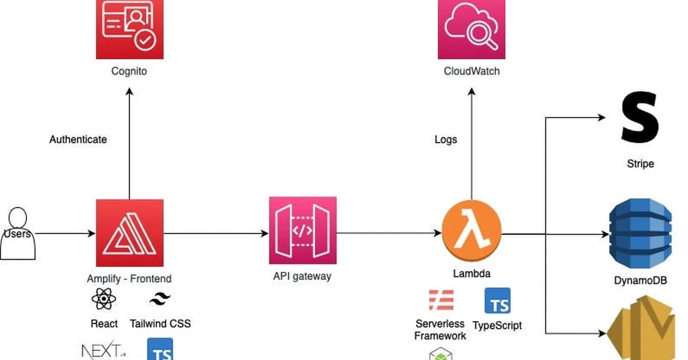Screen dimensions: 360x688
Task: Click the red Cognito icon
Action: tap(130, 29)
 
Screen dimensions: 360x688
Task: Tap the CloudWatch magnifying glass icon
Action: tap(471, 29)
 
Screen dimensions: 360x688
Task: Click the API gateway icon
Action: tap(303, 230)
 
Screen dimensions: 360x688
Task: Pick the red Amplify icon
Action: tap(130, 233)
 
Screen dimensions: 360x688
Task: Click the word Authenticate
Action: tap(78, 139)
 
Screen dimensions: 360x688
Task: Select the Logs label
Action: tap(445, 139)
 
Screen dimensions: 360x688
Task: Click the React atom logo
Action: tap(104, 300)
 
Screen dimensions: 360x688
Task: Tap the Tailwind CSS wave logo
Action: tap(160, 299)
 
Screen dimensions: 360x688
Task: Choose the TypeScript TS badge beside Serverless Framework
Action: tap(497, 301)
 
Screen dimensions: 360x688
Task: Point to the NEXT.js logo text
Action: tap(102, 350)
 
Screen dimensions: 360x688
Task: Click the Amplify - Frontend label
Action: tap(129, 279)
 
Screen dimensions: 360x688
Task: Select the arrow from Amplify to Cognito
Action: tap(130, 143)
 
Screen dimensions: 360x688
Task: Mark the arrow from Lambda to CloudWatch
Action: tap(471, 143)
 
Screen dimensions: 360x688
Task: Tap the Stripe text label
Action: tap(640, 164)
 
